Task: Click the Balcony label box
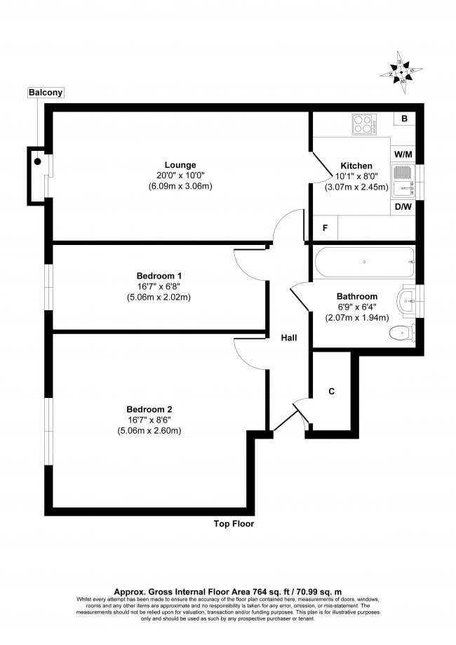point(46,93)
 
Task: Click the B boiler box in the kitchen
point(404,119)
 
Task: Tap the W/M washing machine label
point(403,154)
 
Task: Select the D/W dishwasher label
point(403,207)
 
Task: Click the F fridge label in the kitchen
point(325,228)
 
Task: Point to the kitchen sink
point(403,180)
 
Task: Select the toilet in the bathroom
point(401,332)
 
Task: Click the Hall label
point(289,338)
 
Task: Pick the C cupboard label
point(331,392)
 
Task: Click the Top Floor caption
point(234,524)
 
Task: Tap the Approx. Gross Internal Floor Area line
point(227,592)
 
